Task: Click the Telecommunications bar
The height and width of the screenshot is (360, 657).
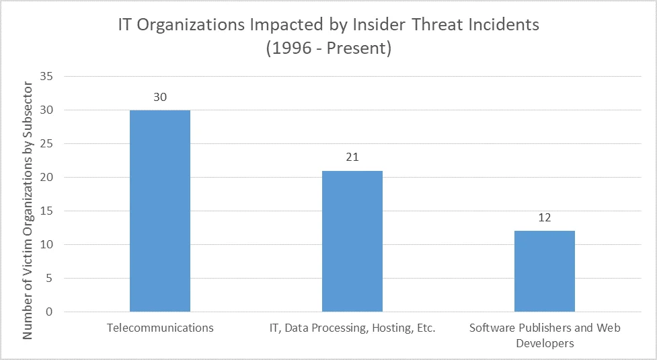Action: [x=160, y=211]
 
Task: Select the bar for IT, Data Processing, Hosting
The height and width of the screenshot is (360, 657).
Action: [x=352, y=241]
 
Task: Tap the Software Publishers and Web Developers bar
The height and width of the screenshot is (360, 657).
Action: [x=545, y=271]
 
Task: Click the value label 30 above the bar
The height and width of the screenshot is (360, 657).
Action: [x=160, y=97]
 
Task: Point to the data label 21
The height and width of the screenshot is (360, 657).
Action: [x=352, y=157]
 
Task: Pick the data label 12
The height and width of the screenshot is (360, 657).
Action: [x=545, y=218]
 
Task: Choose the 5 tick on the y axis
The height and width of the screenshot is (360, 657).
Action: [x=49, y=279]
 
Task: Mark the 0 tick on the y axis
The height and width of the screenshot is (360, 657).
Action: [x=49, y=312]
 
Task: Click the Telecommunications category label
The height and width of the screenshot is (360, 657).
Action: [x=160, y=328]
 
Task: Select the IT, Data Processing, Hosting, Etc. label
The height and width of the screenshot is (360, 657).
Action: [x=352, y=328]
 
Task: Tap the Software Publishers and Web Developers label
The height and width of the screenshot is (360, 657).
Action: [x=545, y=336]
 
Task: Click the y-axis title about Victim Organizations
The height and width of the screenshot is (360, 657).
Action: [x=28, y=210]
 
